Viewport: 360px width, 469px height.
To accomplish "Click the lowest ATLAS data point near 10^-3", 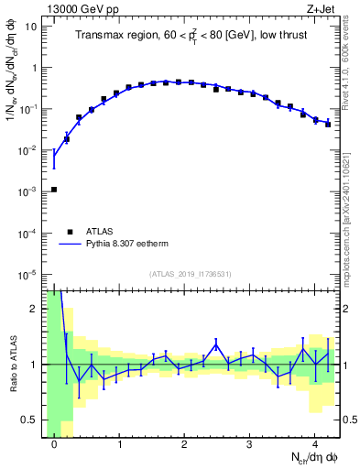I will click(x=54, y=190).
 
